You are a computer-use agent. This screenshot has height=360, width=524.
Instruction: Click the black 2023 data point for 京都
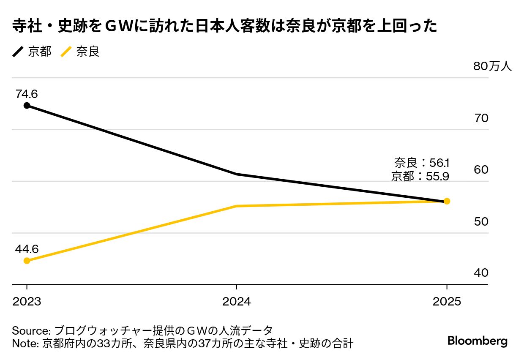[27, 105]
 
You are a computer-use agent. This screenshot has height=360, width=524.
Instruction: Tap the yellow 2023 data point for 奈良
[27, 260]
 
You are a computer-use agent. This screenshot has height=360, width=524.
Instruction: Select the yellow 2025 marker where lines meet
[447, 201]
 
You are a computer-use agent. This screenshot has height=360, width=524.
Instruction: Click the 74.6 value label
[27, 94]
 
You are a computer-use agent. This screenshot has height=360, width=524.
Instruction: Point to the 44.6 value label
[27, 249]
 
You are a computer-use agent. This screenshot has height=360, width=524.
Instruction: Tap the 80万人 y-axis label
[492, 67]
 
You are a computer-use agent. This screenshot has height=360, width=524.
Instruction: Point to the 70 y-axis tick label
[481, 118]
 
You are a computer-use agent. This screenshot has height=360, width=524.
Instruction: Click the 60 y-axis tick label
[481, 170]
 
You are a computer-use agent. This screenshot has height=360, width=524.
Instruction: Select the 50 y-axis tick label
[481, 222]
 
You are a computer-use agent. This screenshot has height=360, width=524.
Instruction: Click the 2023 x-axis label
[27, 301]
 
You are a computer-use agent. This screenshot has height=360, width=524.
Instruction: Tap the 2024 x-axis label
[236, 301]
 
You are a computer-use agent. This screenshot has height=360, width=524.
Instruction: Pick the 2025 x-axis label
[447, 301]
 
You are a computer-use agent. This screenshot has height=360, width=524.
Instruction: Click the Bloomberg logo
[477, 341]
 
